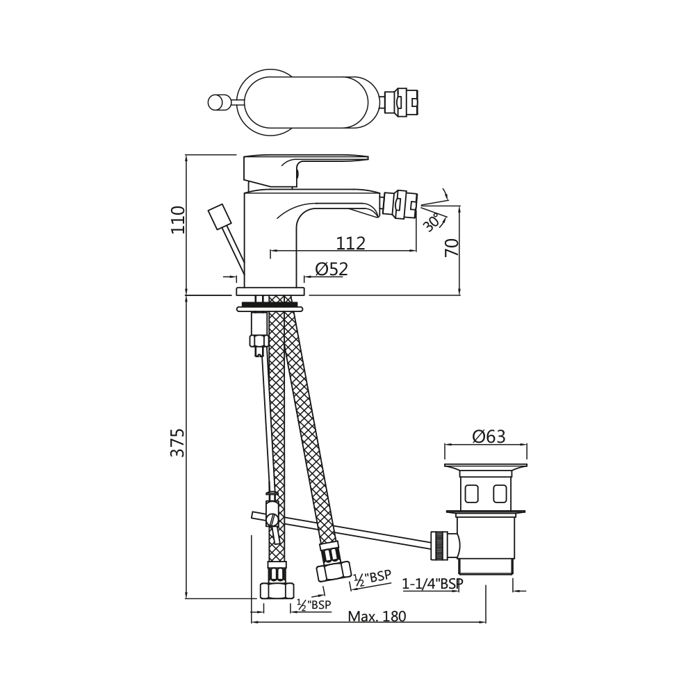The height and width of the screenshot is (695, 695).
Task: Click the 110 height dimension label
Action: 178,220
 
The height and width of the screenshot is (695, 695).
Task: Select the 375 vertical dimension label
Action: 178,442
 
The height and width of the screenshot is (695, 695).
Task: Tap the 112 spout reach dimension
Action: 350,243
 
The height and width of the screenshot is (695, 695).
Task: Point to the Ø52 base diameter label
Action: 332,268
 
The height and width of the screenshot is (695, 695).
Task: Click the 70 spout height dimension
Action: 452,247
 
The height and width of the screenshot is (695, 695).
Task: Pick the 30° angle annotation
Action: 432,222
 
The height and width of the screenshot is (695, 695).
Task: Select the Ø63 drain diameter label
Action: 489,436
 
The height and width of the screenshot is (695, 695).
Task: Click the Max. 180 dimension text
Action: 377,616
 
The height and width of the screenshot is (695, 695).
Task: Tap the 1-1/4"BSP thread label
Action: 432,584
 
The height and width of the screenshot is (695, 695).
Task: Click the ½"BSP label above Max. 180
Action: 314,605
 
